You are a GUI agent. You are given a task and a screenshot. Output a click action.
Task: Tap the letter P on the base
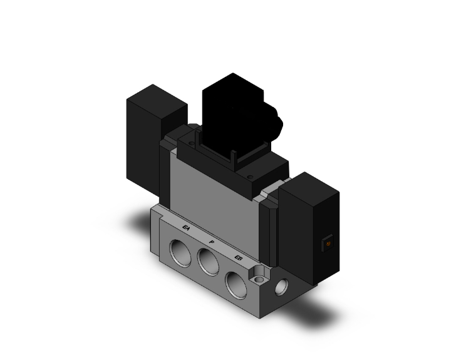coord(211,242)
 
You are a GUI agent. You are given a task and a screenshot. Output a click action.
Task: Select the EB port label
coord(237,257)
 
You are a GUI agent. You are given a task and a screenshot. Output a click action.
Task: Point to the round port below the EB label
coord(236,279)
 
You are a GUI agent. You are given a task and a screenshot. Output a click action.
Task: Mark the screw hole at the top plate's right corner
coord(249,177)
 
